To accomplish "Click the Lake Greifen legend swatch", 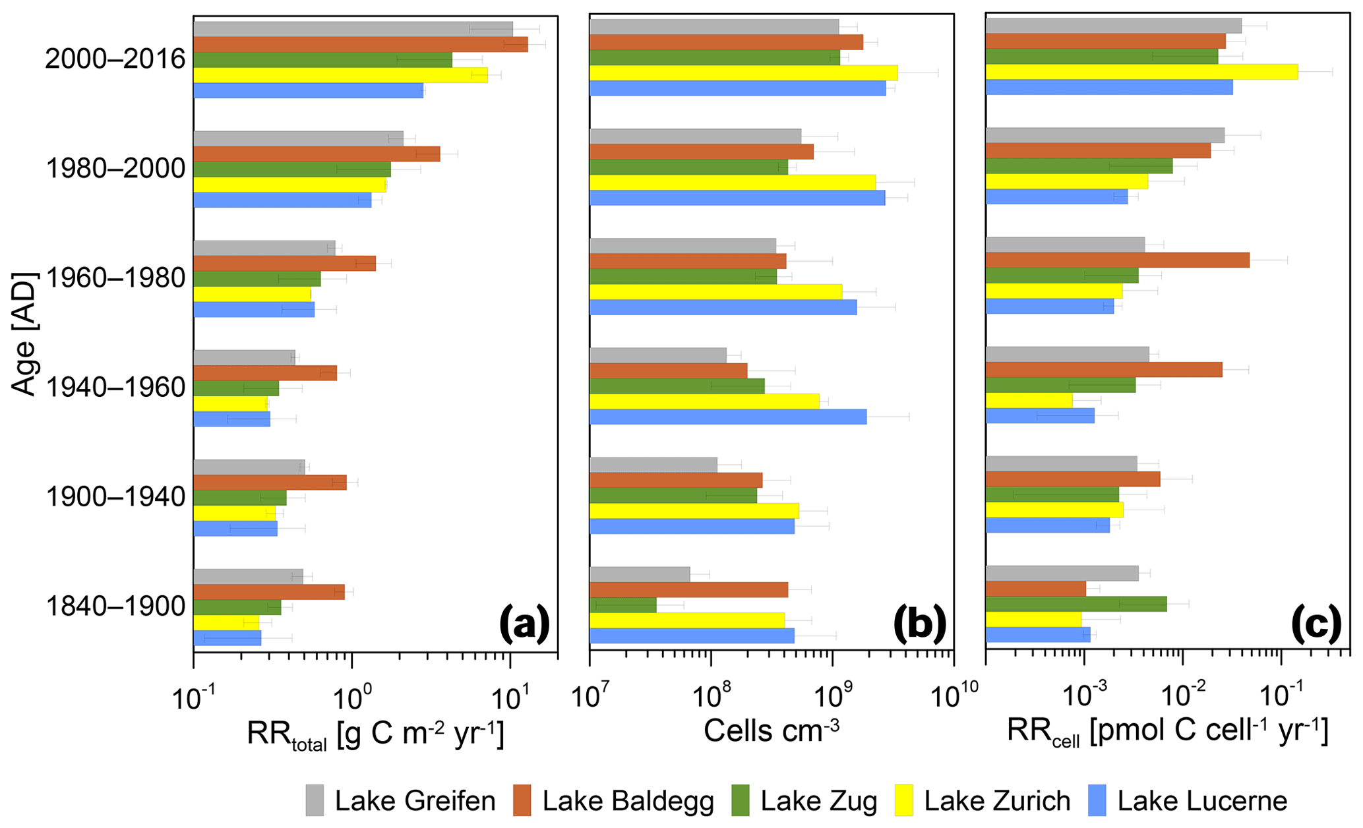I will (315, 800).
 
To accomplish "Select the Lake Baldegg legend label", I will (628, 801).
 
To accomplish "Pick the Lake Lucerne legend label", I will (1202, 801).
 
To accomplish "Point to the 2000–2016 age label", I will (115, 59).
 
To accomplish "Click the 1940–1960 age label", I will (115, 388).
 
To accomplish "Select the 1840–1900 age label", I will (115, 606).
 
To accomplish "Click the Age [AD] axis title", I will (24, 333).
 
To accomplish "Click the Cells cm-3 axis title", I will (771, 730).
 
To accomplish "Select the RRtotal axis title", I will (375, 733).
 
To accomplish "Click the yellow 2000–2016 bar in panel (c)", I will (1141, 71).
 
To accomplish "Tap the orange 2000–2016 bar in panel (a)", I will (360, 44).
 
